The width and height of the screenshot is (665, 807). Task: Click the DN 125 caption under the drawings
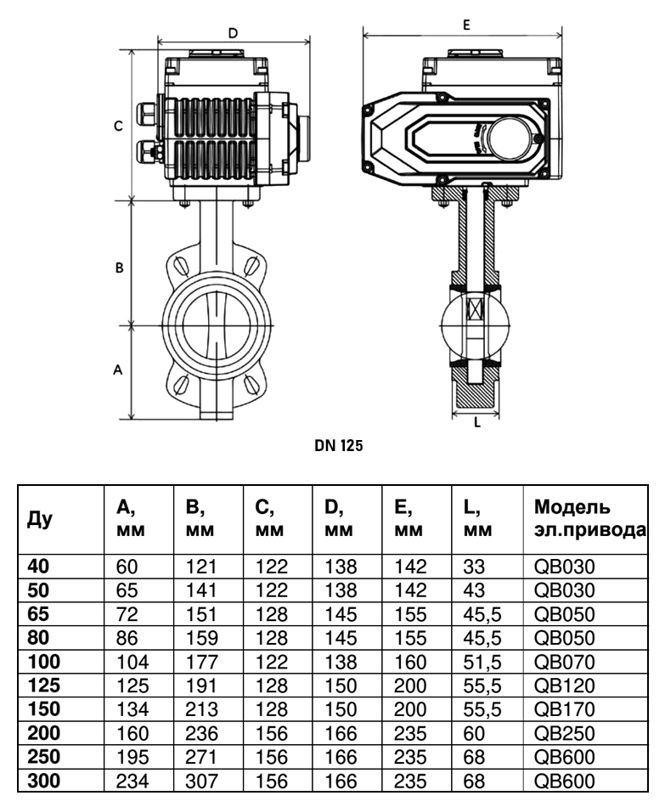pos(338,445)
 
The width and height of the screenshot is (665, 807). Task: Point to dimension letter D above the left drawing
pos(234,33)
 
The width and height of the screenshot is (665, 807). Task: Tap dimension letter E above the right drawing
pos(466,25)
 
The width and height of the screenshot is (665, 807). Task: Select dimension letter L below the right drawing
pos(477,422)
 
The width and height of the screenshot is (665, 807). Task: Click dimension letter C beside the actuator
pos(118,126)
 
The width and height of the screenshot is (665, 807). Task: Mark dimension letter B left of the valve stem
pos(119,268)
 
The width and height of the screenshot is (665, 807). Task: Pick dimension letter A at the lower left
pos(118,370)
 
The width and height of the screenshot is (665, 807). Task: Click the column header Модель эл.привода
pos(589,518)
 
